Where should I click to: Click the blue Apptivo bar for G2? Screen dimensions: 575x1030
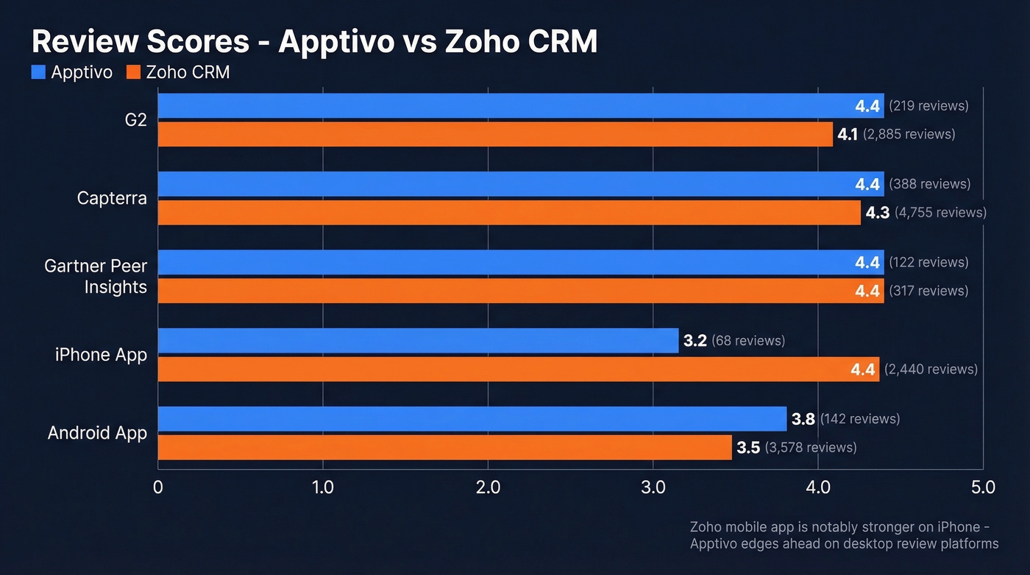coord(515,106)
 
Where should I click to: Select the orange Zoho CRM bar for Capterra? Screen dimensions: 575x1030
coord(508,213)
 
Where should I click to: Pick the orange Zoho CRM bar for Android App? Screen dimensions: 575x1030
coord(441,448)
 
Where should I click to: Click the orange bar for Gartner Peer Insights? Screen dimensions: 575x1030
coord(515,291)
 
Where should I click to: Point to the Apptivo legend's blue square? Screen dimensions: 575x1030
coord(38,72)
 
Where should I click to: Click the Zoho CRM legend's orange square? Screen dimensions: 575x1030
coord(133,72)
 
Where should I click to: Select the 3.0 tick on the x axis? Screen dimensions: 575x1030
coord(653,487)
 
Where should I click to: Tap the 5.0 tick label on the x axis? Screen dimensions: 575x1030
coord(983,487)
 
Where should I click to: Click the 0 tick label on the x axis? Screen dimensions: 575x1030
coord(158,487)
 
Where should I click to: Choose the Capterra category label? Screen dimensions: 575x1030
coord(112,198)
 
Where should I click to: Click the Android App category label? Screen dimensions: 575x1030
coord(97,433)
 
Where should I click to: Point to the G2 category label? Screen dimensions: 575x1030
coord(135,120)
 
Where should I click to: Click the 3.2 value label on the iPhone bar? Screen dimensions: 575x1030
coord(695,341)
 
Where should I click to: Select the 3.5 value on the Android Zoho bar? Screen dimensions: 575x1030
coord(748,448)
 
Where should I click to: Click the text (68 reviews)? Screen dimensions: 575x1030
coord(748,341)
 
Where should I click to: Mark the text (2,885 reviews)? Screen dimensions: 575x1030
coord(909,135)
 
